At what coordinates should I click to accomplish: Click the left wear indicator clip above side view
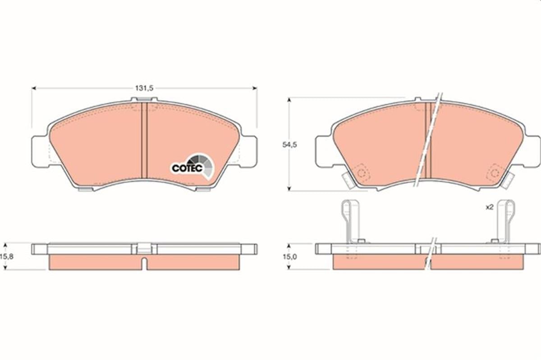[x=351, y=221]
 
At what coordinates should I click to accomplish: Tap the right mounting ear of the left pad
[x=249, y=151]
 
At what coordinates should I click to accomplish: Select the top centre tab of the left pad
[x=144, y=100]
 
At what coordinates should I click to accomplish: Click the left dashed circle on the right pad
[x=361, y=173]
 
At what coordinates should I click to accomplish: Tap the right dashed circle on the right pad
[x=495, y=173]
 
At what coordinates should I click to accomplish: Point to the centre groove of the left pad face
[x=144, y=140]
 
